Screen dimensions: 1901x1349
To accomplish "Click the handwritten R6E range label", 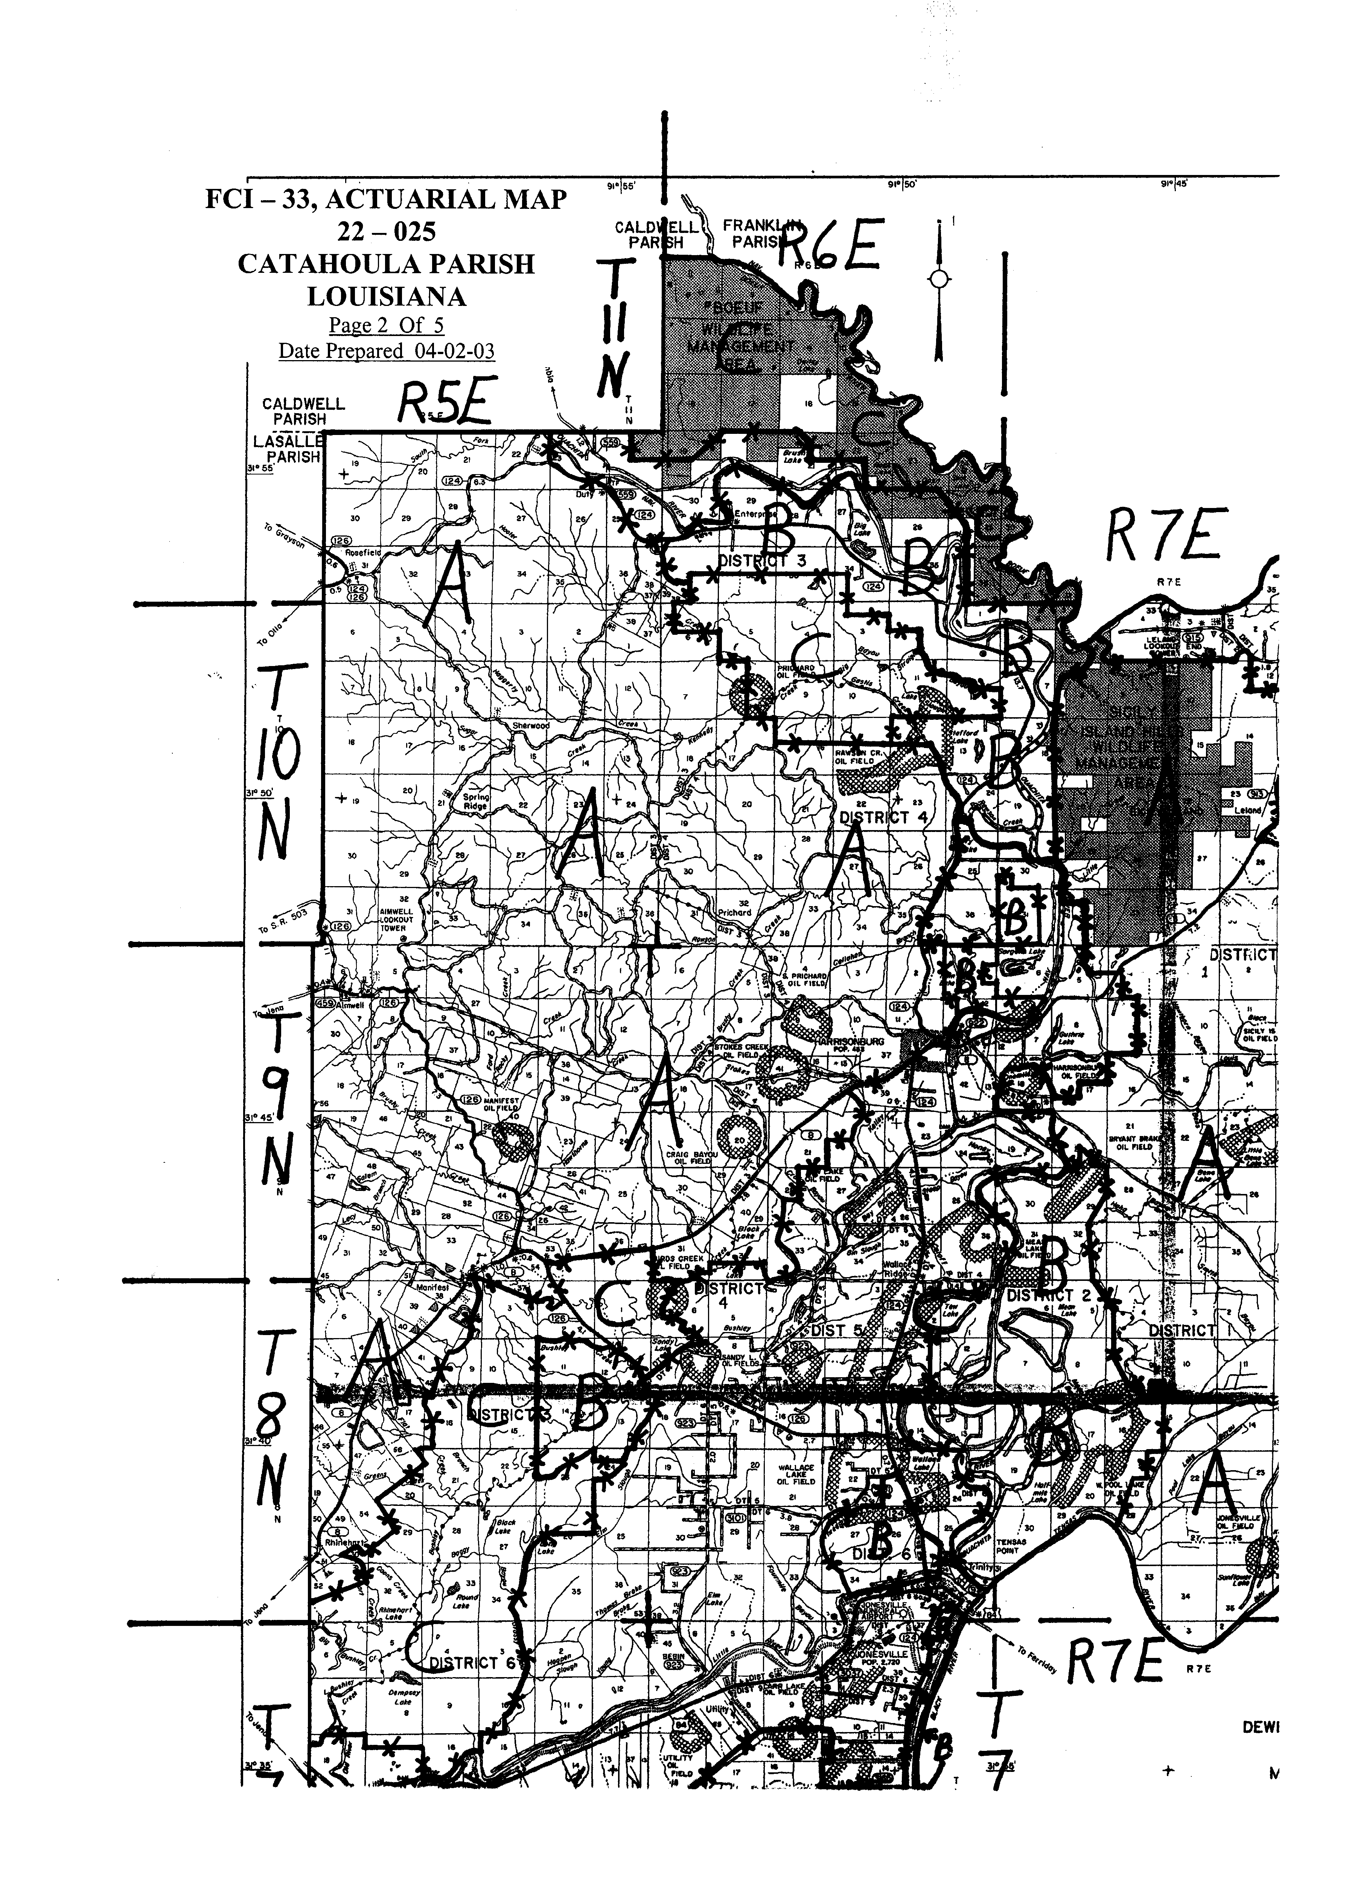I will [828, 246].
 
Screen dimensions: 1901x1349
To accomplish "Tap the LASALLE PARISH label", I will [286, 449].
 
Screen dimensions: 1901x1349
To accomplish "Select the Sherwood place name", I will [531, 725].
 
